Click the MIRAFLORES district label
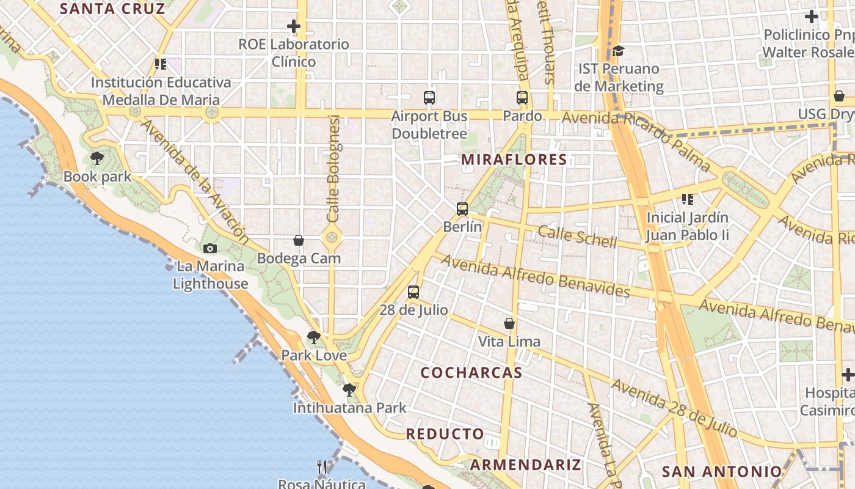(x=514, y=160)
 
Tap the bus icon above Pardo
(x=522, y=97)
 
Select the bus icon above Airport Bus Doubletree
(x=429, y=97)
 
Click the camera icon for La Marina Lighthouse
(x=210, y=248)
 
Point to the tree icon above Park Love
(x=314, y=337)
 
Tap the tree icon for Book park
(x=97, y=159)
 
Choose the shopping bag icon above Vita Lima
(x=509, y=323)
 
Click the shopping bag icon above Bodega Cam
(x=299, y=240)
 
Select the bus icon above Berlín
(x=462, y=208)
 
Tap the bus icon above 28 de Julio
(x=413, y=292)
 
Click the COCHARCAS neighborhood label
(x=471, y=373)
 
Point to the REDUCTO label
(x=445, y=434)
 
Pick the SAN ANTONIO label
(x=722, y=471)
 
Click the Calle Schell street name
(x=577, y=236)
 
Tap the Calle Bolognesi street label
(x=333, y=168)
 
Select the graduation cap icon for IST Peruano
(x=619, y=51)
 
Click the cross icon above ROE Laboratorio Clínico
(x=294, y=26)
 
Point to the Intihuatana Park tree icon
(x=349, y=389)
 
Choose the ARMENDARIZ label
(x=525, y=465)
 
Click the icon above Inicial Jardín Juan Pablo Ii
(x=688, y=199)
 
